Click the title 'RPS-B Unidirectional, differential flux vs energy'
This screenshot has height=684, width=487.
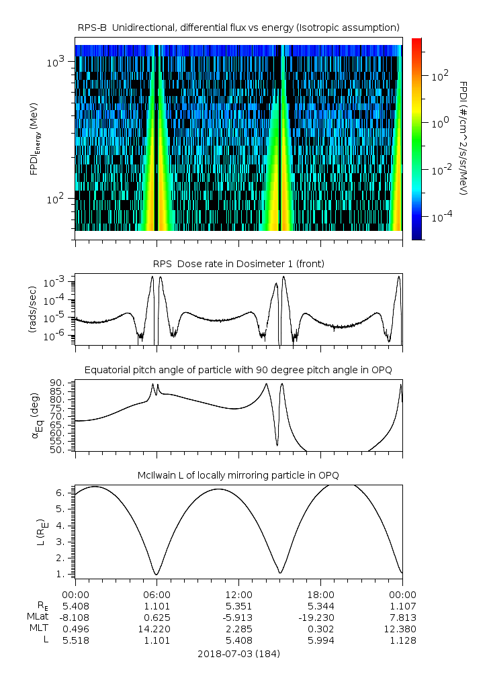coord(238,27)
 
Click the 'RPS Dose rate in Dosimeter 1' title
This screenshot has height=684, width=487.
coord(238,264)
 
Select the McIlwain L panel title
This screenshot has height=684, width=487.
coord(238,475)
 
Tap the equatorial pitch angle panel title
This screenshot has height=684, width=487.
coord(238,370)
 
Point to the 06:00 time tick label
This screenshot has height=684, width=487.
coord(157,594)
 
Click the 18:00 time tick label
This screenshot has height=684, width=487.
coord(320,594)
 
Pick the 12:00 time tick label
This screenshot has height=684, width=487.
coord(238,594)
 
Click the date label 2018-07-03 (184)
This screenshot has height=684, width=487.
coord(238,653)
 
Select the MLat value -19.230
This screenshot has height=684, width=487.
coord(320,617)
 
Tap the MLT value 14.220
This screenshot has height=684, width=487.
coord(157,628)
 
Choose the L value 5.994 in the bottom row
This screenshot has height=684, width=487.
coord(320,640)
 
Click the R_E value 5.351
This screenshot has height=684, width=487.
coord(238,605)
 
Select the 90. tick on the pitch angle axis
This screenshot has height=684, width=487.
coord(57,383)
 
